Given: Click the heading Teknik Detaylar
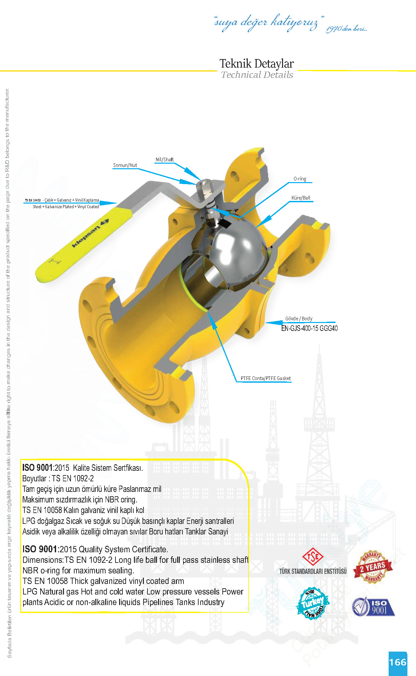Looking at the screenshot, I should pyautogui.click(x=257, y=63).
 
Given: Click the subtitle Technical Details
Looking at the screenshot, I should pyautogui.click(x=257, y=75).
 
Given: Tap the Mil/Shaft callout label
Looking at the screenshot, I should pyautogui.click(x=165, y=160).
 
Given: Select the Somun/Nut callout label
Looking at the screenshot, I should pyautogui.click(x=125, y=165).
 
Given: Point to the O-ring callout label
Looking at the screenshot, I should pyautogui.click(x=300, y=179).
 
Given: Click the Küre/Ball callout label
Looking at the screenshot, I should pyautogui.click(x=301, y=198).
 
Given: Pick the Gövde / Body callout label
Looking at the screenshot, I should pyautogui.click(x=299, y=319).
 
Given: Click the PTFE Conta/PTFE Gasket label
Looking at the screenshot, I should pyautogui.click(x=266, y=378).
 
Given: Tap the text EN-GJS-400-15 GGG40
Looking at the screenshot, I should pyautogui.click(x=309, y=328).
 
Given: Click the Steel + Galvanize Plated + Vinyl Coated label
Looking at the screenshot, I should pyautogui.click(x=66, y=207).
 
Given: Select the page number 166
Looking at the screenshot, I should pyautogui.click(x=398, y=662).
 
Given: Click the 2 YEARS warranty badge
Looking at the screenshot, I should pyautogui.click(x=373, y=567).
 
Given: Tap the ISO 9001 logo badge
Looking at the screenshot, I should pyautogui.click(x=373, y=607).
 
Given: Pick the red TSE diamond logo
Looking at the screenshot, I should pyautogui.click(x=313, y=557).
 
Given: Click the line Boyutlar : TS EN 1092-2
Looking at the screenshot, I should pyautogui.click(x=58, y=478).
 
